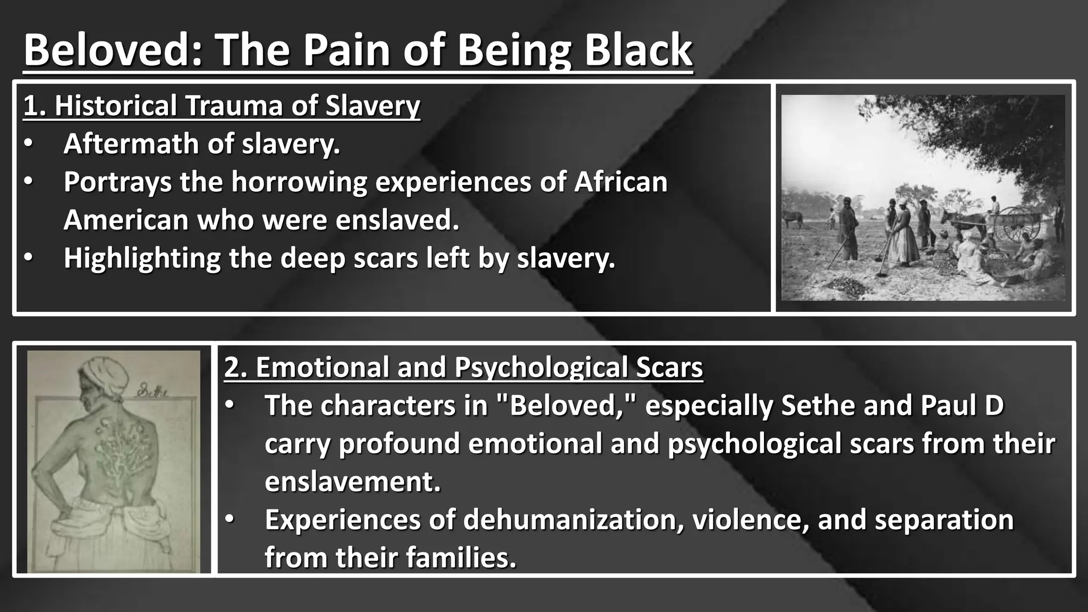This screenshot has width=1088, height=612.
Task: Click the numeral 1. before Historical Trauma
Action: pos(35,105)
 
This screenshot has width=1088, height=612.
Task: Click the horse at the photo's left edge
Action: pos(792,218)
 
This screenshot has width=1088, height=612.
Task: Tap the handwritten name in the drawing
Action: pos(151,392)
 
